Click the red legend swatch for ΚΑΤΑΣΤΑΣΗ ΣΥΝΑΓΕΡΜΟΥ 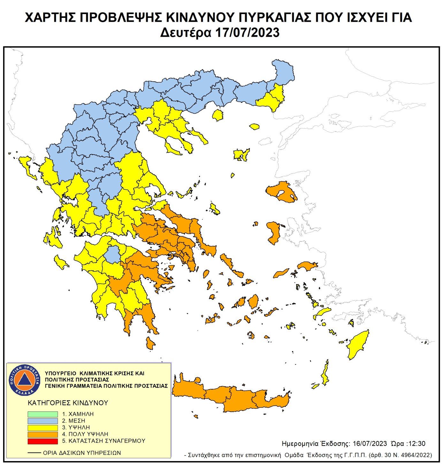click(42, 441)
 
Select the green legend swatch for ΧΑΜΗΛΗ click(42, 414)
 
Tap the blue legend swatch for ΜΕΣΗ click(42, 421)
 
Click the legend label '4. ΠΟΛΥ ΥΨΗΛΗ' click(85, 434)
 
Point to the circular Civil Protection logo click(25, 380)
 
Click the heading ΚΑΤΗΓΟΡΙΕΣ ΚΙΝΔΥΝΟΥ click(68, 403)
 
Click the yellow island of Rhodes click(358, 345)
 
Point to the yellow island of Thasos click(218, 115)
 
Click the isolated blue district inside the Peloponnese click(112, 254)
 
